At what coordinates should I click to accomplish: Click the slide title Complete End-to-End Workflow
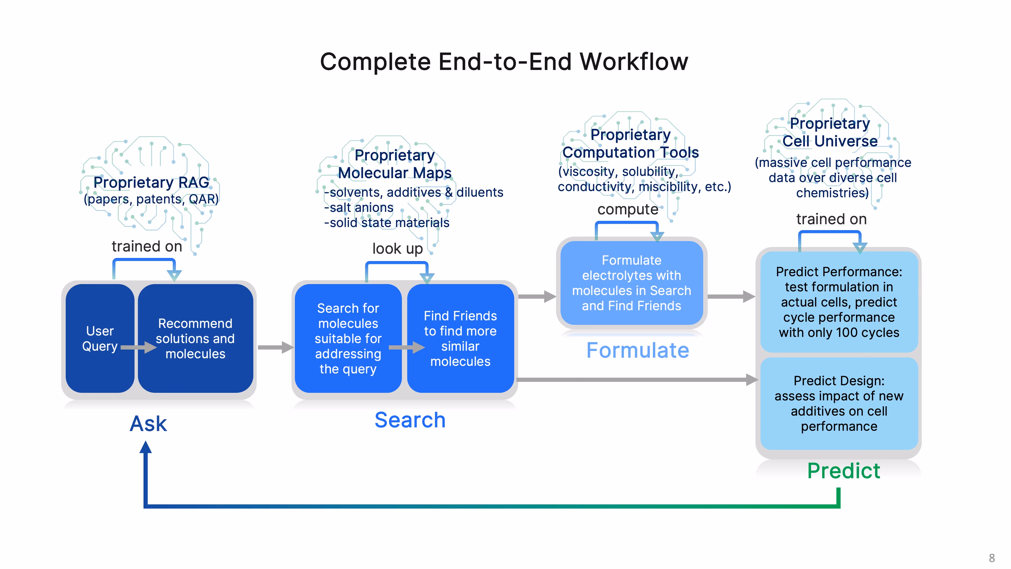tap(504, 62)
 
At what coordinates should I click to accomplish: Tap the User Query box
tap(100, 338)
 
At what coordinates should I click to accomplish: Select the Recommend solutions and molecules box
tap(195, 338)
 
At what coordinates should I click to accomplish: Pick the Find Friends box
tap(460, 338)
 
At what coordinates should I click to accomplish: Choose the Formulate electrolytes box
tap(632, 283)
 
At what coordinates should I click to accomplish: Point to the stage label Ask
tap(148, 424)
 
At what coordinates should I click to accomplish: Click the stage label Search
tap(410, 420)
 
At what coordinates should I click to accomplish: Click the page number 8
tap(992, 558)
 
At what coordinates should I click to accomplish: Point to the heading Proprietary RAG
tap(151, 182)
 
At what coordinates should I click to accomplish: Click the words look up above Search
tap(398, 249)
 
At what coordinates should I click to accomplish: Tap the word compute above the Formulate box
tap(628, 209)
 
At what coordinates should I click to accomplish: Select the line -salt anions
tap(359, 207)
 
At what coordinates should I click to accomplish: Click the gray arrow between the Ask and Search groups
tap(276, 347)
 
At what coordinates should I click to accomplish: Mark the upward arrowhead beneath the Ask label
tap(145, 447)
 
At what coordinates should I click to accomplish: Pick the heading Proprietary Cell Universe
tap(830, 132)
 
